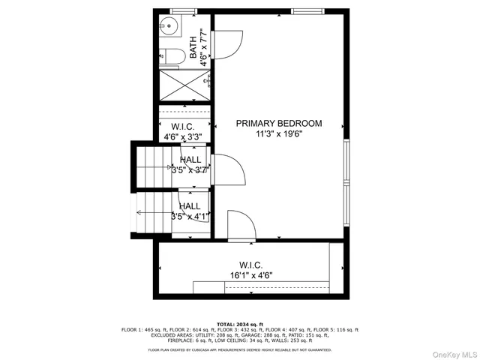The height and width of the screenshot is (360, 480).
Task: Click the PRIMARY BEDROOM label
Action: pyautogui.click(x=279, y=123)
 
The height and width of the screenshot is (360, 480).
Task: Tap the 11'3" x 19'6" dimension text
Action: pyautogui.click(x=279, y=135)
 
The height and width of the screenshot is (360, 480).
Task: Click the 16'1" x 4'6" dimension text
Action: pyautogui.click(x=250, y=275)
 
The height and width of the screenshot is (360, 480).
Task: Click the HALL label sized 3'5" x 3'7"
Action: pyautogui.click(x=189, y=165)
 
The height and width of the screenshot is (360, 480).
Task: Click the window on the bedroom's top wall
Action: pyautogui.click(x=308, y=11)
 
